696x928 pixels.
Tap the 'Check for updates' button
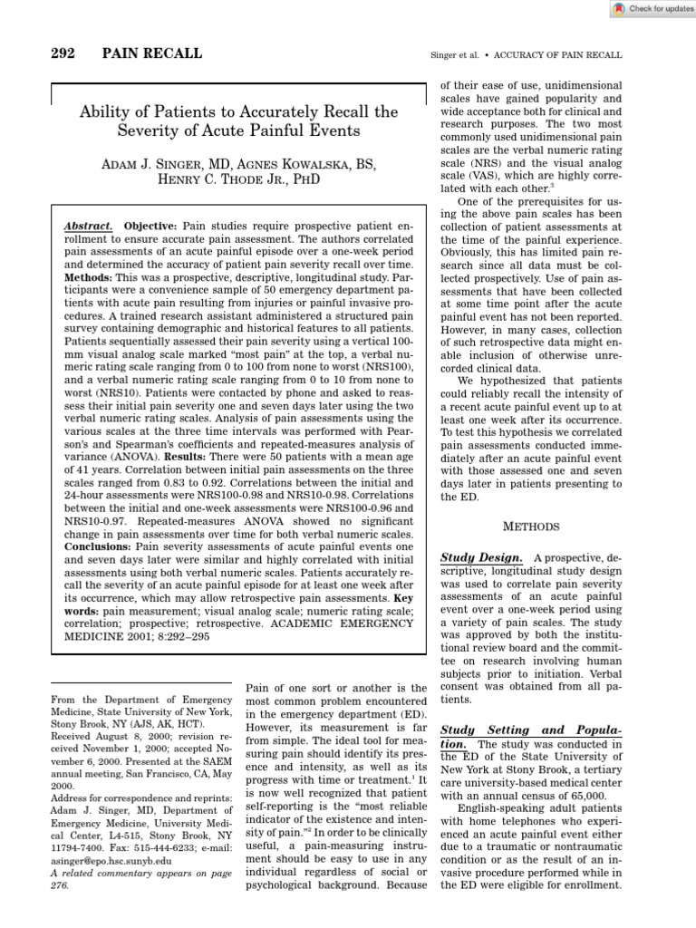(x=651, y=8)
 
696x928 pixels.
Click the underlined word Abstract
(x=89, y=225)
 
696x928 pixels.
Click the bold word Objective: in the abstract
(x=151, y=225)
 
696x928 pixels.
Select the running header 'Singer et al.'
(x=453, y=56)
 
